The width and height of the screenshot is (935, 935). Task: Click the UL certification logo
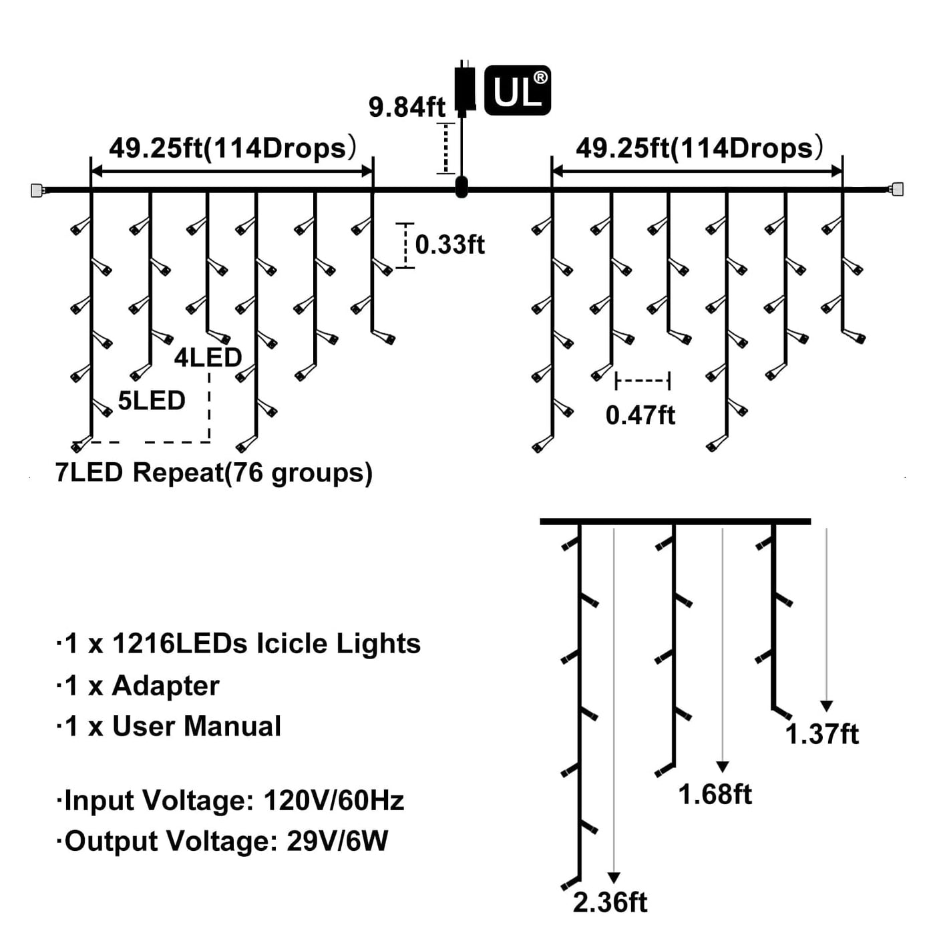(x=518, y=90)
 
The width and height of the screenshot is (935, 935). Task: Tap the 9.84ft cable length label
(x=407, y=107)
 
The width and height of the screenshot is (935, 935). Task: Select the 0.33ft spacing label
(x=449, y=244)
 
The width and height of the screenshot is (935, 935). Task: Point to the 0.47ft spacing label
(x=640, y=415)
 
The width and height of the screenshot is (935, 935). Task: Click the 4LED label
(x=208, y=358)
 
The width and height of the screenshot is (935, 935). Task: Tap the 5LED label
(x=152, y=401)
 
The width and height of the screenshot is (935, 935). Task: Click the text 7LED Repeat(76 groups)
(x=214, y=473)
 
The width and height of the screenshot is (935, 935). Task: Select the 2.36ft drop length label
(x=610, y=902)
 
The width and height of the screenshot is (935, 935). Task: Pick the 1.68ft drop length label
(x=715, y=795)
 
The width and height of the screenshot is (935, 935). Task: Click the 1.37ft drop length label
(x=821, y=734)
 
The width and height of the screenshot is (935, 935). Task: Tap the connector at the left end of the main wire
(x=37, y=190)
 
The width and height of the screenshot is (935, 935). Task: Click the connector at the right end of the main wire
(x=897, y=189)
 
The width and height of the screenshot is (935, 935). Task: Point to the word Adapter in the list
(x=165, y=686)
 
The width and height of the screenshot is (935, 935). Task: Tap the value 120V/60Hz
(x=334, y=800)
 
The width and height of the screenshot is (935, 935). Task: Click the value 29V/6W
(x=337, y=841)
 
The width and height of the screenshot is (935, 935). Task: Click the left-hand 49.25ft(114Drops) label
(x=232, y=148)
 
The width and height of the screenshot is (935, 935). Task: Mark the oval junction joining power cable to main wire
(x=461, y=187)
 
